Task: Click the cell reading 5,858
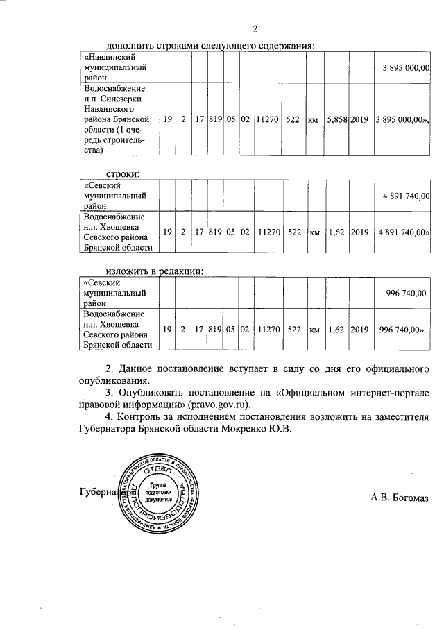[x=337, y=119]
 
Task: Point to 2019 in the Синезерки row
[x=360, y=119]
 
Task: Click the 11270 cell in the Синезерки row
[x=267, y=119]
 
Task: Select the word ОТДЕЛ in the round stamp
[x=159, y=467]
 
